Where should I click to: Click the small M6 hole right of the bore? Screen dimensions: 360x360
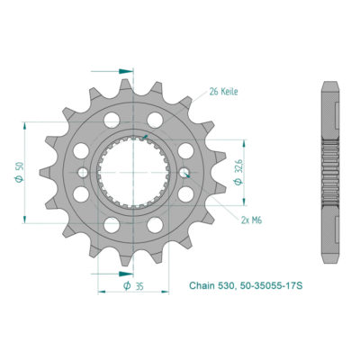click(184, 172)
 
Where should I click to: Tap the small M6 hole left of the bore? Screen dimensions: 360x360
click(84, 172)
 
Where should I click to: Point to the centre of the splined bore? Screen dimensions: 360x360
click(134, 172)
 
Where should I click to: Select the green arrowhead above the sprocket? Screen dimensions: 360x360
click(130, 69)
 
